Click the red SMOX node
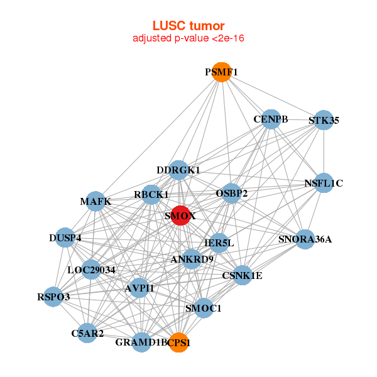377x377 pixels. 180,216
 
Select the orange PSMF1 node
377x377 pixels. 221,72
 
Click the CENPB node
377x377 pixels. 270,119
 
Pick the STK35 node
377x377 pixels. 323,120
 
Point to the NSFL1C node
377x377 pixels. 323,183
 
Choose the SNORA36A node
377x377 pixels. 305,239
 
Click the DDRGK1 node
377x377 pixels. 178,170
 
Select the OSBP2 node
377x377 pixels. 232,194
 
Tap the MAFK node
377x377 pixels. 96,201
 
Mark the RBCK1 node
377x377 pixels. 151,195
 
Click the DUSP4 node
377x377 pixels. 65,238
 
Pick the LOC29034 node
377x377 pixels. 91,270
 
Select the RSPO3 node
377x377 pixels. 53,297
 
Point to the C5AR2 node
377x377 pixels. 87,333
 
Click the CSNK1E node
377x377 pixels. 242,275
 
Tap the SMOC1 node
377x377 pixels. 203,308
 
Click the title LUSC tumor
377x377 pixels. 188,26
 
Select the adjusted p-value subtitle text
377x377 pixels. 188,38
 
